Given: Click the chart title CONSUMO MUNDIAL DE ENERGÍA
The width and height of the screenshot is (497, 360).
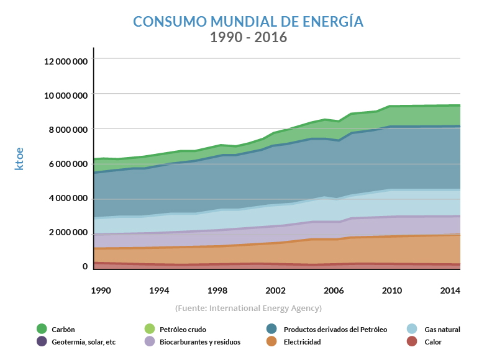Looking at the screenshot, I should click(x=248, y=22).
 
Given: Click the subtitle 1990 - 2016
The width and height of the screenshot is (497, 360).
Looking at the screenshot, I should click(x=248, y=37).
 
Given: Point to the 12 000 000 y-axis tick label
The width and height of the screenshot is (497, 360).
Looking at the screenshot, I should click(x=65, y=61).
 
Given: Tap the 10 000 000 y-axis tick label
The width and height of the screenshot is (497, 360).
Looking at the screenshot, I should click(x=65, y=96).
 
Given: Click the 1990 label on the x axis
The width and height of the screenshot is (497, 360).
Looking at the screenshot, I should click(x=101, y=290).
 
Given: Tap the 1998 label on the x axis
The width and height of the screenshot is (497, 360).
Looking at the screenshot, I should click(x=217, y=290).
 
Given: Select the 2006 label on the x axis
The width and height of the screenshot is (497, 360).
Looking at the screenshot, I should click(x=334, y=290).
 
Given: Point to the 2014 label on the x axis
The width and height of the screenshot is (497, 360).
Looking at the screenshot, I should click(x=449, y=290).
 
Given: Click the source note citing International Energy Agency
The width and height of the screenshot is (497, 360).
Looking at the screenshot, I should click(x=248, y=308).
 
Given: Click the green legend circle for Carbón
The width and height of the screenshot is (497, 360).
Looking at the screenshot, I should click(x=42, y=329).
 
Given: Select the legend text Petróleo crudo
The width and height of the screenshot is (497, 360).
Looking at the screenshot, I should click(x=183, y=330).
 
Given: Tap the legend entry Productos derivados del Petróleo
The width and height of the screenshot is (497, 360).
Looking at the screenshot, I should click(x=335, y=330).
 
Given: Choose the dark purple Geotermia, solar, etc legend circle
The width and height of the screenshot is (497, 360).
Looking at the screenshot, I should click(x=42, y=341).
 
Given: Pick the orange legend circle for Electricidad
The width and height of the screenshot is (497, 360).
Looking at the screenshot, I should click(x=271, y=341).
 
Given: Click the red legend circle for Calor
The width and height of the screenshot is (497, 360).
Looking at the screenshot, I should click(x=412, y=341).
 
